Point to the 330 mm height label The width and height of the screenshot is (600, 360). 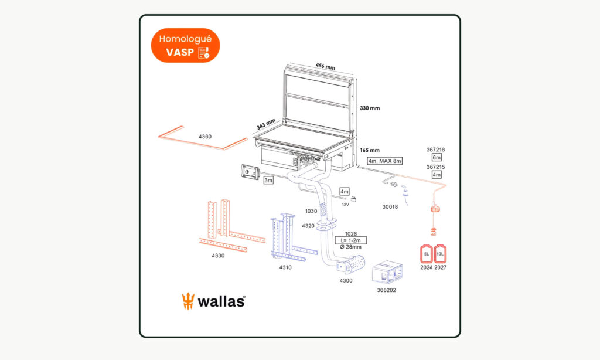pyautogui.click(x=370, y=108)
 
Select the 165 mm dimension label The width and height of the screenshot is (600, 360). pyautogui.click(x=370, y=150)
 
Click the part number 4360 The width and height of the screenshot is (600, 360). pyautogui.click(x=205, y=137)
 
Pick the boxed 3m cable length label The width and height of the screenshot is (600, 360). pyautogui.click(x=268, y=180)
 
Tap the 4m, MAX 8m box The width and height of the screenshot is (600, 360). pyautogui.click(x=384, y=161)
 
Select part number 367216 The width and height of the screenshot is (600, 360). pyautogui.click(x=436, y=150)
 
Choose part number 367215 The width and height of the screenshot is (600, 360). pyautogui.click(x=436, y=167)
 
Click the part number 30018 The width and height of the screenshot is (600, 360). pyautogui.click(x=390, y=206)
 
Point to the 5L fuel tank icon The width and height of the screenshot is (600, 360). pyautogui.click(x=427, y=254)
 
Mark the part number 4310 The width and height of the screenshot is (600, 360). pyautogui.click(x=285, y=267)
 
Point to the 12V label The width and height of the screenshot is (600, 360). pyautogui.click(x=345, y=205)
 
